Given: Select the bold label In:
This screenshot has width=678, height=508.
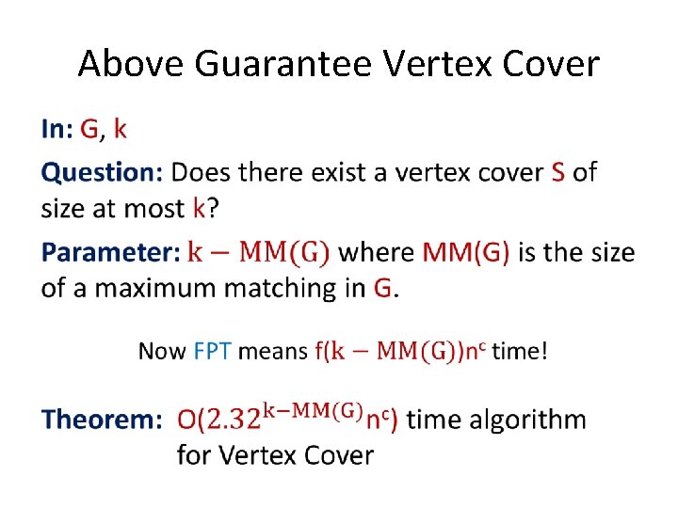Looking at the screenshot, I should tap(56, 130).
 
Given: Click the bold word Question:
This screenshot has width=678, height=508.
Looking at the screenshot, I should tap(102, 173).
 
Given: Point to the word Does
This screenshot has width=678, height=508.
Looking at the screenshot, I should tap(202, 173).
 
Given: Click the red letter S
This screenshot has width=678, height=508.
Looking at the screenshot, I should tap(557, 173).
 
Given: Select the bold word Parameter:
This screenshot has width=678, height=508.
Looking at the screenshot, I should tap(109, 252).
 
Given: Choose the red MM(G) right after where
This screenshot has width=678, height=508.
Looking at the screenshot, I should tap(466, 252).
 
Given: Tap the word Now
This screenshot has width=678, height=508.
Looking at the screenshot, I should tap(162, 352).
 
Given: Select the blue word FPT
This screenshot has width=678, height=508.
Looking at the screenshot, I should tap(213, 352).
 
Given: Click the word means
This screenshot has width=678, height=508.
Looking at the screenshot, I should tap(272, 352).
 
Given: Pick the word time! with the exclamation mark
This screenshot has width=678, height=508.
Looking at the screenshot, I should tap(519, 352).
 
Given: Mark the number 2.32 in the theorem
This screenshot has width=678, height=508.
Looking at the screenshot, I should tap(225, 420).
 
